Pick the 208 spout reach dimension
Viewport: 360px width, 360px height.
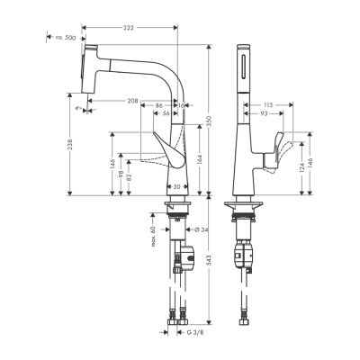134,102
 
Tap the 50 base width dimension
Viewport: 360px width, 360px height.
176,186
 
